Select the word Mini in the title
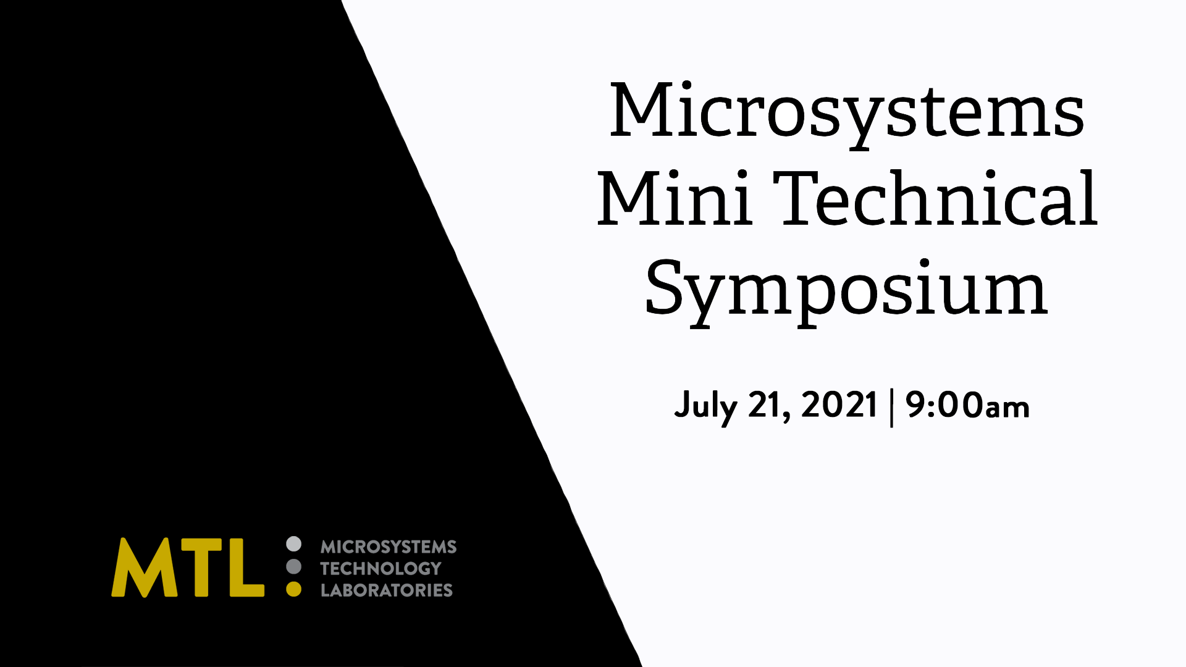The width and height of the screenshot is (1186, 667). click(x=675, y=198)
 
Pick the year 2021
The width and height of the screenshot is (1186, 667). click(x=839, y=405)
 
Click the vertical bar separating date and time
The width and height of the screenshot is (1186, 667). click(x=891, y=407)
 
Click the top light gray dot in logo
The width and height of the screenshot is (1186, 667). click(x=294, y=544)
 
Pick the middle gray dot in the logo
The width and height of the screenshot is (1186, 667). click(x=294, y=566)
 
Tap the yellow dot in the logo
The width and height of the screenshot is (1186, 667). click(x=294, y=589)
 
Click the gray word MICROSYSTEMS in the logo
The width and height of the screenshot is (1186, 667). click(x=389, y=547)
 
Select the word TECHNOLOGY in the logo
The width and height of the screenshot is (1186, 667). click(x=381, y=568)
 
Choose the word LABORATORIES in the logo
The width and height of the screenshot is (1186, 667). click(x=387, y=590)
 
